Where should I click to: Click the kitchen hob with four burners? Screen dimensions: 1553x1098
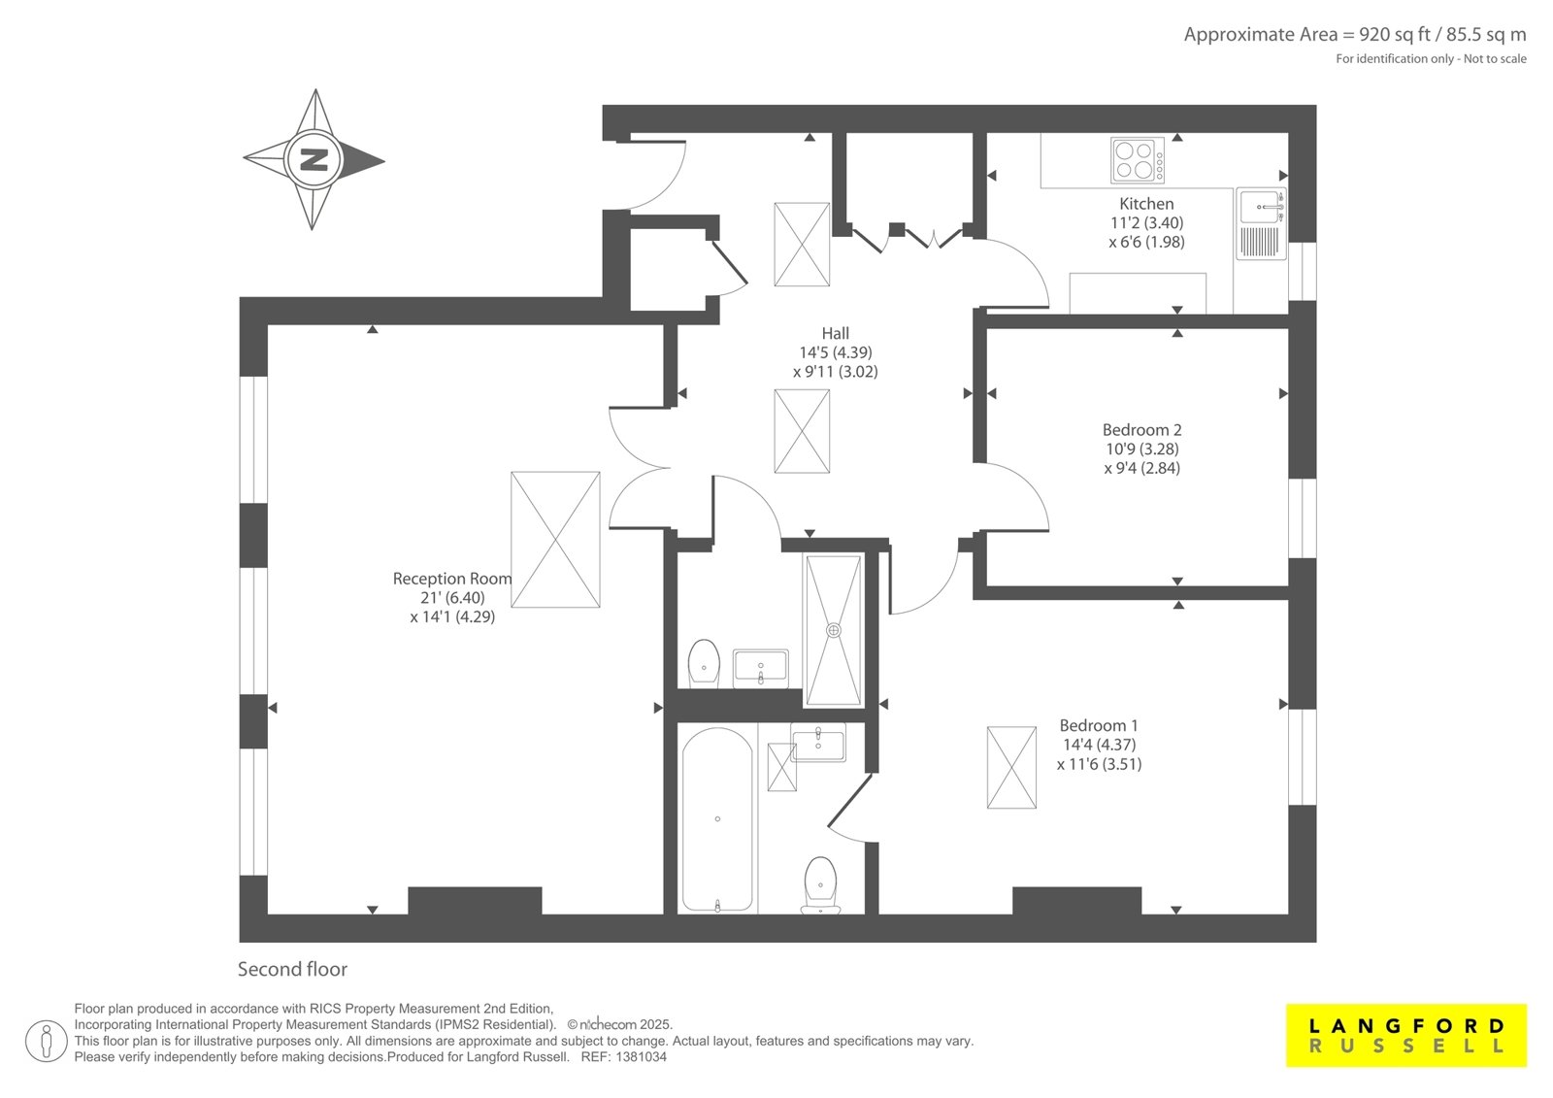1137,160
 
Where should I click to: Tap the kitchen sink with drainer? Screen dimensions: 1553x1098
1261,223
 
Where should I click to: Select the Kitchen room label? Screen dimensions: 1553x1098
1146,204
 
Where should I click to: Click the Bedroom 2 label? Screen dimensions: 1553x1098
1141,430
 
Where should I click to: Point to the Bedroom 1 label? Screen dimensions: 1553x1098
1099,725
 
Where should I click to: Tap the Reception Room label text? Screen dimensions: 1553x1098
452,579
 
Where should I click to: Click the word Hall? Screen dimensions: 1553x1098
836,333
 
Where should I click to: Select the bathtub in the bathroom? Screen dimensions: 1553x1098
717,819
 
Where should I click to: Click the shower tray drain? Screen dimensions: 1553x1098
834,630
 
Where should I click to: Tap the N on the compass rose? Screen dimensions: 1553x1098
314,159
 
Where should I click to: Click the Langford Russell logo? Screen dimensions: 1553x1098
1406,1035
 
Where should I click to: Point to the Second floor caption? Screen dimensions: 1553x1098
292,969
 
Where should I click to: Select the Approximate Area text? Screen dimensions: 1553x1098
1355,34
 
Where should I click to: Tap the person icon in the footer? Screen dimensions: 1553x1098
46,1041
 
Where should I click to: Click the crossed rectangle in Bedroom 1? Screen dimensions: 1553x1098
1011,767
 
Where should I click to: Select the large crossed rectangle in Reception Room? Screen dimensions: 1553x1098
555,540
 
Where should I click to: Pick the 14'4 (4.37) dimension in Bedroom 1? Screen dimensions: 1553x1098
1100,745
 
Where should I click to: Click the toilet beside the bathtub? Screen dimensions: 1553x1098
820,885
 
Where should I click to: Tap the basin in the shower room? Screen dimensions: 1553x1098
761,667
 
